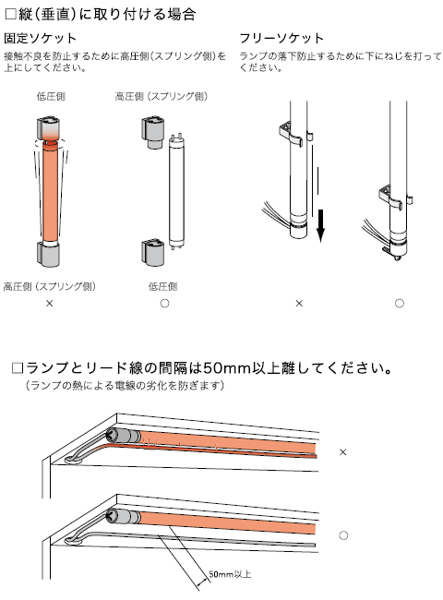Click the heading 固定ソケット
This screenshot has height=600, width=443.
click(x=41, y=38)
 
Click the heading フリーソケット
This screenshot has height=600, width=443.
click(x=281, y=38)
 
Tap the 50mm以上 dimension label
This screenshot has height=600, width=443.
click(x=230, y=574)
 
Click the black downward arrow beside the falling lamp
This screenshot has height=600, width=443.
click(x=320, y=226)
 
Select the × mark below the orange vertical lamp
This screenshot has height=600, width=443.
click(x=49, y=304)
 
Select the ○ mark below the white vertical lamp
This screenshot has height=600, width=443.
click(x=164, y=304)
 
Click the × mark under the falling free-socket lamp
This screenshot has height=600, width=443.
click(x=299, y=304)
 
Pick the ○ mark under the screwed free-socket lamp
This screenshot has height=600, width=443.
click(x=400, y=304)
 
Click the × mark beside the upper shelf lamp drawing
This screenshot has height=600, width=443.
click(x=343, y=452)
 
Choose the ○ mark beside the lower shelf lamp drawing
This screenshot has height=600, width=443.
click(x=343, y=535)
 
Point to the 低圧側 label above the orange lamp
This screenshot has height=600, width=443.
click(x=51, y=96)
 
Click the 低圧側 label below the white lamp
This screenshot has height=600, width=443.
click(x=163, y=286)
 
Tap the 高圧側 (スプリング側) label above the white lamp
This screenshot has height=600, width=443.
click(x=162, y=96)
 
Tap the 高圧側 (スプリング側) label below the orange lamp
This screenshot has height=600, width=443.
click(x=50, y=286)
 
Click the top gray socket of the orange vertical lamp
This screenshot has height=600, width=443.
click(x=49, y=129)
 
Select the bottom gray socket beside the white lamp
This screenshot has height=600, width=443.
click(x=153, y=253)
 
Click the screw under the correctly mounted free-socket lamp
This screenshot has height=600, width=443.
click(x=398, y=257)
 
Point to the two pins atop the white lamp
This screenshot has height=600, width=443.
click(x=176, y=137)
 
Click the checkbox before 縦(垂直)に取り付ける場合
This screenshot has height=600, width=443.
click(x=11, y=14)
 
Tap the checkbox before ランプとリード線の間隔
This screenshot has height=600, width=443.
click(x=18, y=368)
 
